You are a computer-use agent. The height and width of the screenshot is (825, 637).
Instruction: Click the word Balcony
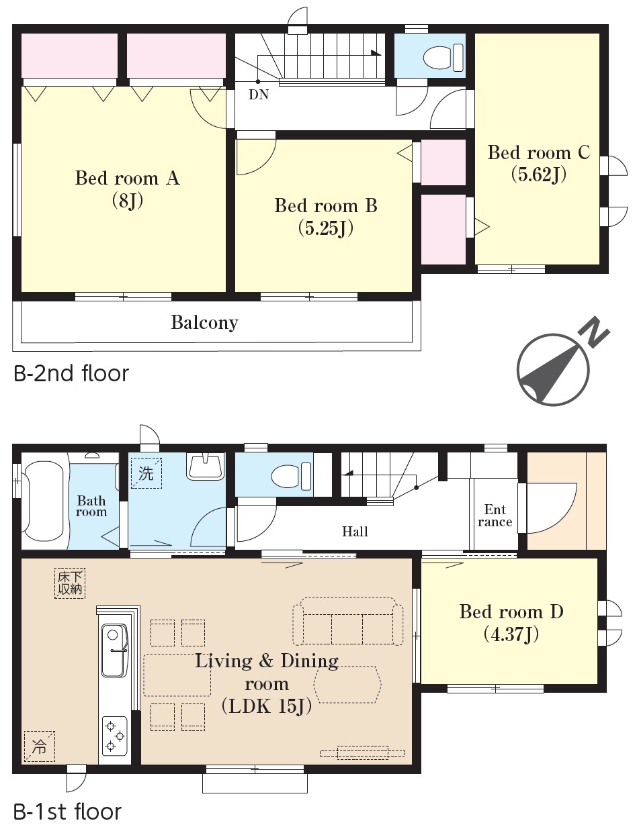[204, 323]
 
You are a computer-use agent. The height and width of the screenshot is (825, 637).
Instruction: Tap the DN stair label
[259, 95]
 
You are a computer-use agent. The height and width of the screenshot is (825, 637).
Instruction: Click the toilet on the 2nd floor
[443, 58]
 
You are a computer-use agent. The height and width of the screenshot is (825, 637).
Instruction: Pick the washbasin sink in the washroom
[205, 467]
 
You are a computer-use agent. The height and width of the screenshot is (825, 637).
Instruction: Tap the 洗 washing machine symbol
[146, 473]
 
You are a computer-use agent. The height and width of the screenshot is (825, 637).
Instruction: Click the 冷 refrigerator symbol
[39, 746]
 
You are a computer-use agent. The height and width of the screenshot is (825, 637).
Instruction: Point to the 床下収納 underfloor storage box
[69, 583]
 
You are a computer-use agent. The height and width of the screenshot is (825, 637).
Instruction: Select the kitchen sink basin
[114, 650]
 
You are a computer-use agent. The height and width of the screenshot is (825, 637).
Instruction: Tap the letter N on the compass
[594, 332]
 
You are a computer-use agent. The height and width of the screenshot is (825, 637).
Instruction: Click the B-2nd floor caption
[71, 374]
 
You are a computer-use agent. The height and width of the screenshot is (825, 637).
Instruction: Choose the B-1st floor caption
[68, 812]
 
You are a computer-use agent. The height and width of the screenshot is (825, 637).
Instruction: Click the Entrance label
[495, 516]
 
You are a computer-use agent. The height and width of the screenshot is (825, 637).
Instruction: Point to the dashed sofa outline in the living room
[347, 621]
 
